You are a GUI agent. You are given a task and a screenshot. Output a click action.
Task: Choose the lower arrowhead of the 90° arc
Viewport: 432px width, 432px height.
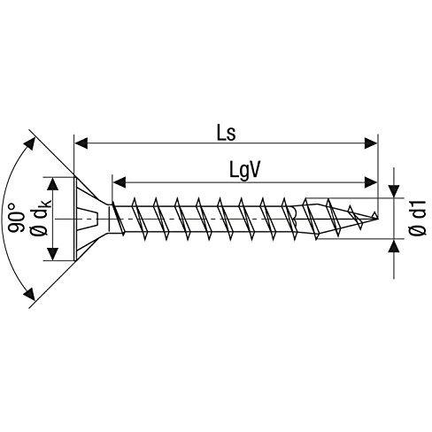(35, 296)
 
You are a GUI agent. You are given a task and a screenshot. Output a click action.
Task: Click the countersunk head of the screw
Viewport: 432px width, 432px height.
(89, 216)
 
